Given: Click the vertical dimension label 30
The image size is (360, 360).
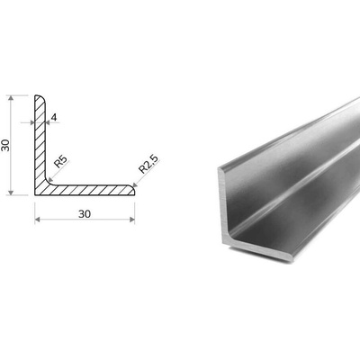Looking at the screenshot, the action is (6, 145).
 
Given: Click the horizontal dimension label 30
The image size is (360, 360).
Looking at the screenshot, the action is (85, 214).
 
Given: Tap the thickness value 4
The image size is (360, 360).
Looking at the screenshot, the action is (54, 117).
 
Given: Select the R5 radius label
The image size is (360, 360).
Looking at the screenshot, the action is (60, 162).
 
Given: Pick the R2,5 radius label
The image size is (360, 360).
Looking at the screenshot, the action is (148, 165).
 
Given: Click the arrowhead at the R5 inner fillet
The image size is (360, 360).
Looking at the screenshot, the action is (50, 179).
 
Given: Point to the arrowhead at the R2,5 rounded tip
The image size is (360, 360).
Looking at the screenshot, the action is (135, 185).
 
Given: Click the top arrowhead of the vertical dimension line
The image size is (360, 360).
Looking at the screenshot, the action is (11, 98).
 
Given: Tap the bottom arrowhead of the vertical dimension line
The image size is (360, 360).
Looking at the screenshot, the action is (11, 193).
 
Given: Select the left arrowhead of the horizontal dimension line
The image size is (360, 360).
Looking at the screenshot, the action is (38, 220).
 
